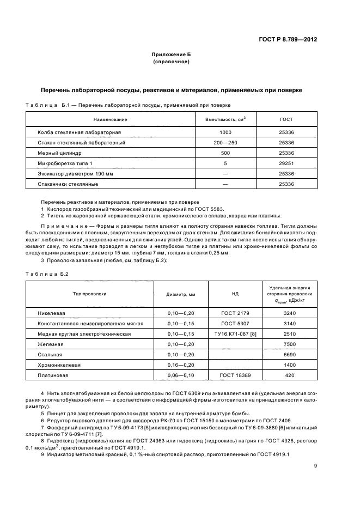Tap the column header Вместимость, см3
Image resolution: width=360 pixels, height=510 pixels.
point(225,119)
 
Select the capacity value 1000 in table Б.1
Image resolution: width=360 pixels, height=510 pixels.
point(225,132)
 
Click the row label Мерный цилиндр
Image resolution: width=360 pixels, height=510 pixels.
point(59,153)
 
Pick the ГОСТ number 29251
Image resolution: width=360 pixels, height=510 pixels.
point(286,163)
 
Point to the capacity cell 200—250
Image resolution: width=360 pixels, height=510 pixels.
point(225,143)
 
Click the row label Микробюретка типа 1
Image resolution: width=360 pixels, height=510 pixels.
point(65,163)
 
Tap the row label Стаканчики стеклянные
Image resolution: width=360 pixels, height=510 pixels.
point(68,184)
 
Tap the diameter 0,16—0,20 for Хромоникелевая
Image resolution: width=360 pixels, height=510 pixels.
point(180,365)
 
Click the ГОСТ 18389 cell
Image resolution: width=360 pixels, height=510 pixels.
point(235,375)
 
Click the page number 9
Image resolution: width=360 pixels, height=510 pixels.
point(316,465)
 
